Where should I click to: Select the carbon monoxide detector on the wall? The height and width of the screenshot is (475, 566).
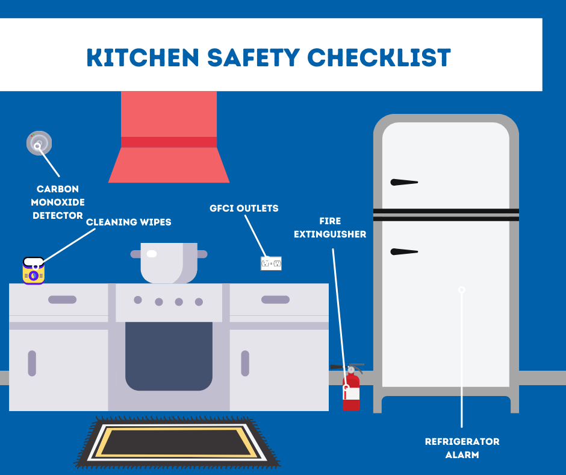pos(39,143)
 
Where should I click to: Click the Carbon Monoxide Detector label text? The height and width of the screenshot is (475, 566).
pos(57,202)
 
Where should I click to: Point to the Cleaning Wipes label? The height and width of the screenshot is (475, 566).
pos(128,222)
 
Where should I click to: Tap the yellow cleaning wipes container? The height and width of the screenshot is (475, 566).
pos(34,271)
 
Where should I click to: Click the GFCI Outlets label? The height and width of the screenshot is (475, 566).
pos(244,209)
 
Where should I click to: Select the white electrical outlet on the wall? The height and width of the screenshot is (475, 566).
pos(271,263)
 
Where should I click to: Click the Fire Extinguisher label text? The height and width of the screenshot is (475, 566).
pos(330,228)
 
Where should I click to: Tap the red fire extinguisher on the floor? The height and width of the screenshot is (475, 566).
pos(351,392)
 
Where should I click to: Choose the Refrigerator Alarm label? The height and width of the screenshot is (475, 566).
pos(462,448)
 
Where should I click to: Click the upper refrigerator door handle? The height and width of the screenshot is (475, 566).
pos(404,182)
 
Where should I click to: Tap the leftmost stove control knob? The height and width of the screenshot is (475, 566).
pos(138,300)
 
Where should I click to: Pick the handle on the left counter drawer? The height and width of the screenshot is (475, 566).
pos(62,300)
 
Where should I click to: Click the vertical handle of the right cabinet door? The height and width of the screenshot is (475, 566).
pos(245,363)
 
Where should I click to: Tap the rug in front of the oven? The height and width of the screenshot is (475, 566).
pos(177,443)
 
